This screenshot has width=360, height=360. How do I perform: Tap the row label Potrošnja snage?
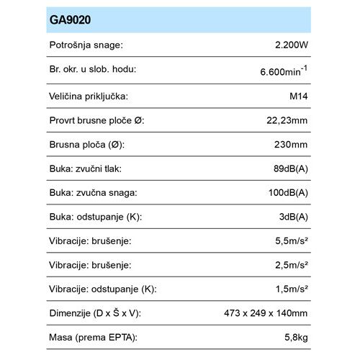point(86,45)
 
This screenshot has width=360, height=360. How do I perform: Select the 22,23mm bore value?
point(285,120)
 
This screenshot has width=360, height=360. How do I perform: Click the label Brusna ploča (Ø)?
point(87,145)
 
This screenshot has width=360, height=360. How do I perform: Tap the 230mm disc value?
point(292,145)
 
